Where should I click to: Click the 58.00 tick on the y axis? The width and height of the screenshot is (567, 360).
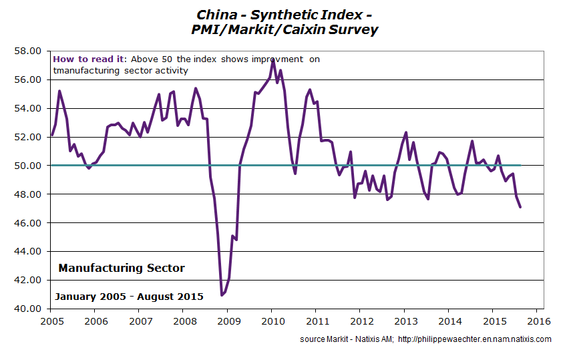30,51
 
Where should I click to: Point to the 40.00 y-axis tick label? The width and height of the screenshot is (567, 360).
30,309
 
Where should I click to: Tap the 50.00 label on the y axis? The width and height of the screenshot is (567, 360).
30,166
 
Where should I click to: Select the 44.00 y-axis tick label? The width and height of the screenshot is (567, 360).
30,251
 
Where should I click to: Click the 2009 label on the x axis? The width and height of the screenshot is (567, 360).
227,320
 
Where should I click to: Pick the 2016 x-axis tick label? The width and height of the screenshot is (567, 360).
538,320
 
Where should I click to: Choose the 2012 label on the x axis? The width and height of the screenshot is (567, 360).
360,320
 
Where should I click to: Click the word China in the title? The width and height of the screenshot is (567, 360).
215,14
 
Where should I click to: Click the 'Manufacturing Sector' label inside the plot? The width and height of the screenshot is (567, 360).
122,268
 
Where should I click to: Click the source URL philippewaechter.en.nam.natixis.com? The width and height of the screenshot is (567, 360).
475,339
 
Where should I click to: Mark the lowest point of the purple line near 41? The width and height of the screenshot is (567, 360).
221,295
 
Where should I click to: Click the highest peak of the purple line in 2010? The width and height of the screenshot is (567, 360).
273,59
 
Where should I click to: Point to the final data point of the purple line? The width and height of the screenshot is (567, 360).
520,207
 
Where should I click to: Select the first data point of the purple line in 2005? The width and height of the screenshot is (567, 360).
51,136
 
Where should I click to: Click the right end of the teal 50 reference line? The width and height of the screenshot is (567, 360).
520,166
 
